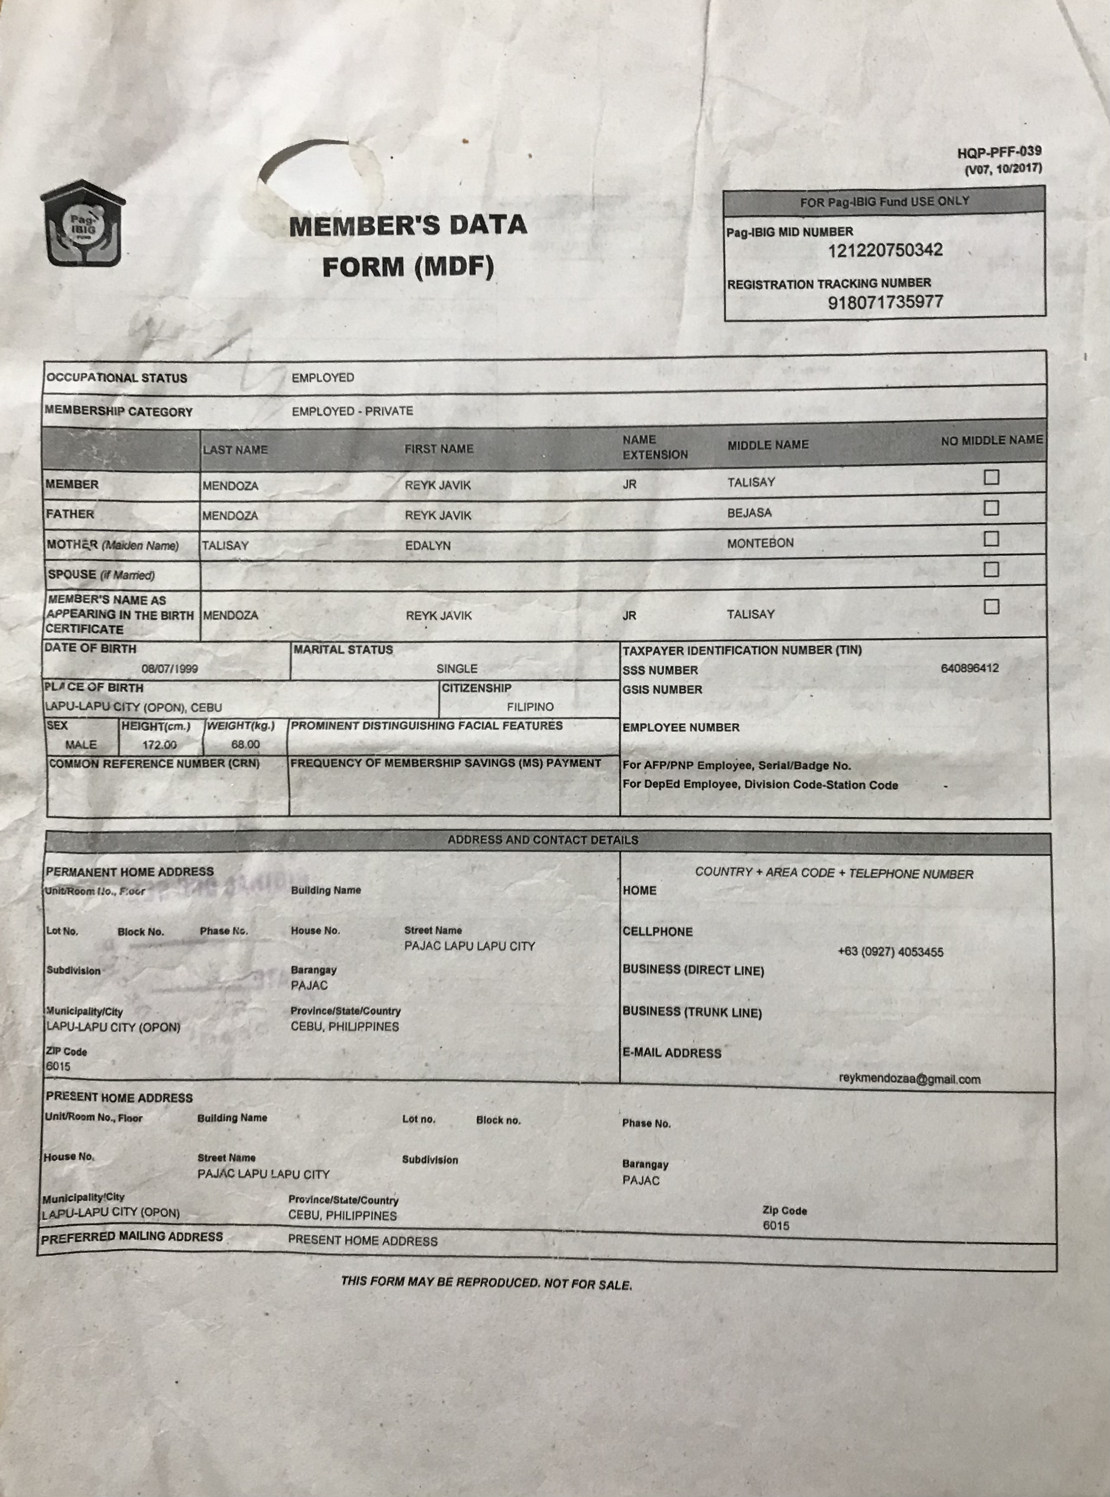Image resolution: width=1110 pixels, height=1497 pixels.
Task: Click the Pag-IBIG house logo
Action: pos(83,223)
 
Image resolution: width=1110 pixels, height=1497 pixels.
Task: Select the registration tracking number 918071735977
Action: pos(885,302)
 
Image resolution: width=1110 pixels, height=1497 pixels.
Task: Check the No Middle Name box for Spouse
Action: pos(991,570)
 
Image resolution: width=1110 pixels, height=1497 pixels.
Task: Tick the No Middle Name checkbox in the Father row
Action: pos(991,508)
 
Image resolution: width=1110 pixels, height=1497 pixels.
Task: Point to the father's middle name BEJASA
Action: pos(749,513)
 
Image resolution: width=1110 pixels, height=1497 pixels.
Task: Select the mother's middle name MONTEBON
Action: pos(760,543)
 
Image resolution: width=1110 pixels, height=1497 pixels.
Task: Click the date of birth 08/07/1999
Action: pos(170,669)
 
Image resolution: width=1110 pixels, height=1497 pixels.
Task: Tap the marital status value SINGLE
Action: pos(457,669)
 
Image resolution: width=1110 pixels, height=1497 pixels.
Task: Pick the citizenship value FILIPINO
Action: pos(530,707)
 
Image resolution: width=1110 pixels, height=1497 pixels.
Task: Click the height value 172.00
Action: pos(159,745)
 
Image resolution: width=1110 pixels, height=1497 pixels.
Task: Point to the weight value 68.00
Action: pos(245,745)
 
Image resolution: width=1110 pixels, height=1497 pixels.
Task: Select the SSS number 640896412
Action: pos(969,668)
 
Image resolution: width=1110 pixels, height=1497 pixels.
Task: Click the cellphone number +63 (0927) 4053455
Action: pos(890,952)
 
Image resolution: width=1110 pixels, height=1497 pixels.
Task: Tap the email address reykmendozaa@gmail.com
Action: pos(909,1079)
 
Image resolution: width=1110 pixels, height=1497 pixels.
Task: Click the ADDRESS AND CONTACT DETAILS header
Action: pos(543,840)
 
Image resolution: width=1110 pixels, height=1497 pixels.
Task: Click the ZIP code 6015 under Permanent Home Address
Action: pos(58,1066)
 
